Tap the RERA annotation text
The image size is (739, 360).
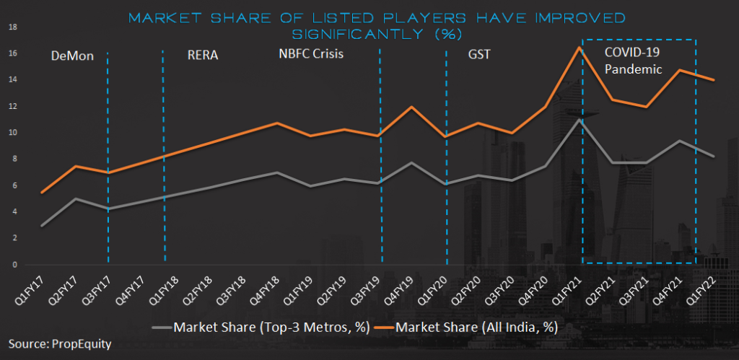tap(202, 55)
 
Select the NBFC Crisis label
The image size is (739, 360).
tap(311, 53)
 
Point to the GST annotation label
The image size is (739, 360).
tap(478, 54)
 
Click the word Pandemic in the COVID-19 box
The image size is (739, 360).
tap(633, 69)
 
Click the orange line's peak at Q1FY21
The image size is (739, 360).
tap(579, 48)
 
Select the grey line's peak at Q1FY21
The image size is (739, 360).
tap(579, 120)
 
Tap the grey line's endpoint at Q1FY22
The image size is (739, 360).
tap(714, 156)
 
